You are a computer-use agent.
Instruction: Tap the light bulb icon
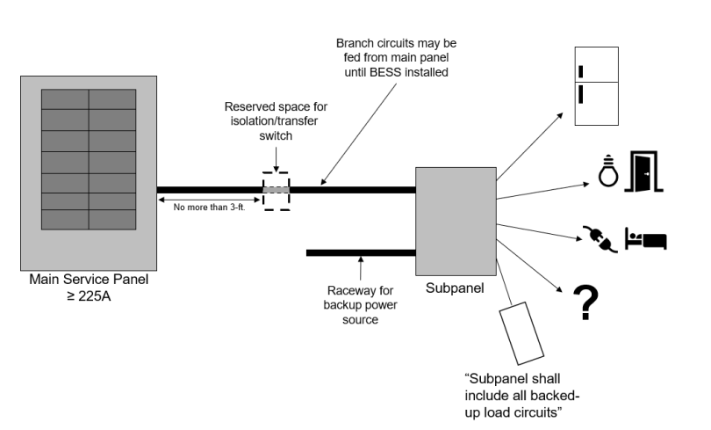(607, 171)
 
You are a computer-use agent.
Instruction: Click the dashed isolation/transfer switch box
(276, 189)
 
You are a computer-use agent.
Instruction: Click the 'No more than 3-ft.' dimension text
(209, 208)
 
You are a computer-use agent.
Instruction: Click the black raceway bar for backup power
(360, 252)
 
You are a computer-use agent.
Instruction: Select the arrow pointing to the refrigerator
(531, 145)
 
